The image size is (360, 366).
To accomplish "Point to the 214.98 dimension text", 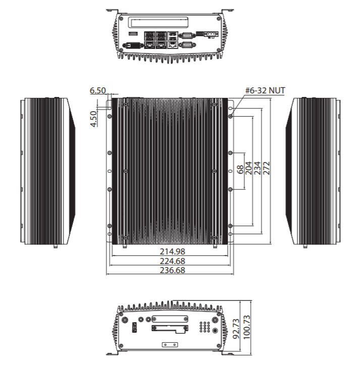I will pyautogui.click(x=172, y=251).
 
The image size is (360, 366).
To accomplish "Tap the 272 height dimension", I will pyautogui.click(x=266, y=168).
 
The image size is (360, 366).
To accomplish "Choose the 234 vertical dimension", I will pyautogui.click(x=257, y=168).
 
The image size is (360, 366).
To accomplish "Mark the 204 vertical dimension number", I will pyautogui.click(x=248, y=168).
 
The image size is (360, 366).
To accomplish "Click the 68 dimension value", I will pyautogui.click(x=240, y=169).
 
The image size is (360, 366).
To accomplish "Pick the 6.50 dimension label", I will pyautogui.click(x=97, y=90).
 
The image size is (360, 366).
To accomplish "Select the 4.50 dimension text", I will pyautogui.click(x=93, y=119).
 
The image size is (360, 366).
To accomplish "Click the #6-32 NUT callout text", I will pyautogui.click(x=265, y=90).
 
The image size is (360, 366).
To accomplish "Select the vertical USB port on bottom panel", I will pyautogui.click(x=134, y=329).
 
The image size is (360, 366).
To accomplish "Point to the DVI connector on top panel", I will pyautogui.click(x=133, y=44).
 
